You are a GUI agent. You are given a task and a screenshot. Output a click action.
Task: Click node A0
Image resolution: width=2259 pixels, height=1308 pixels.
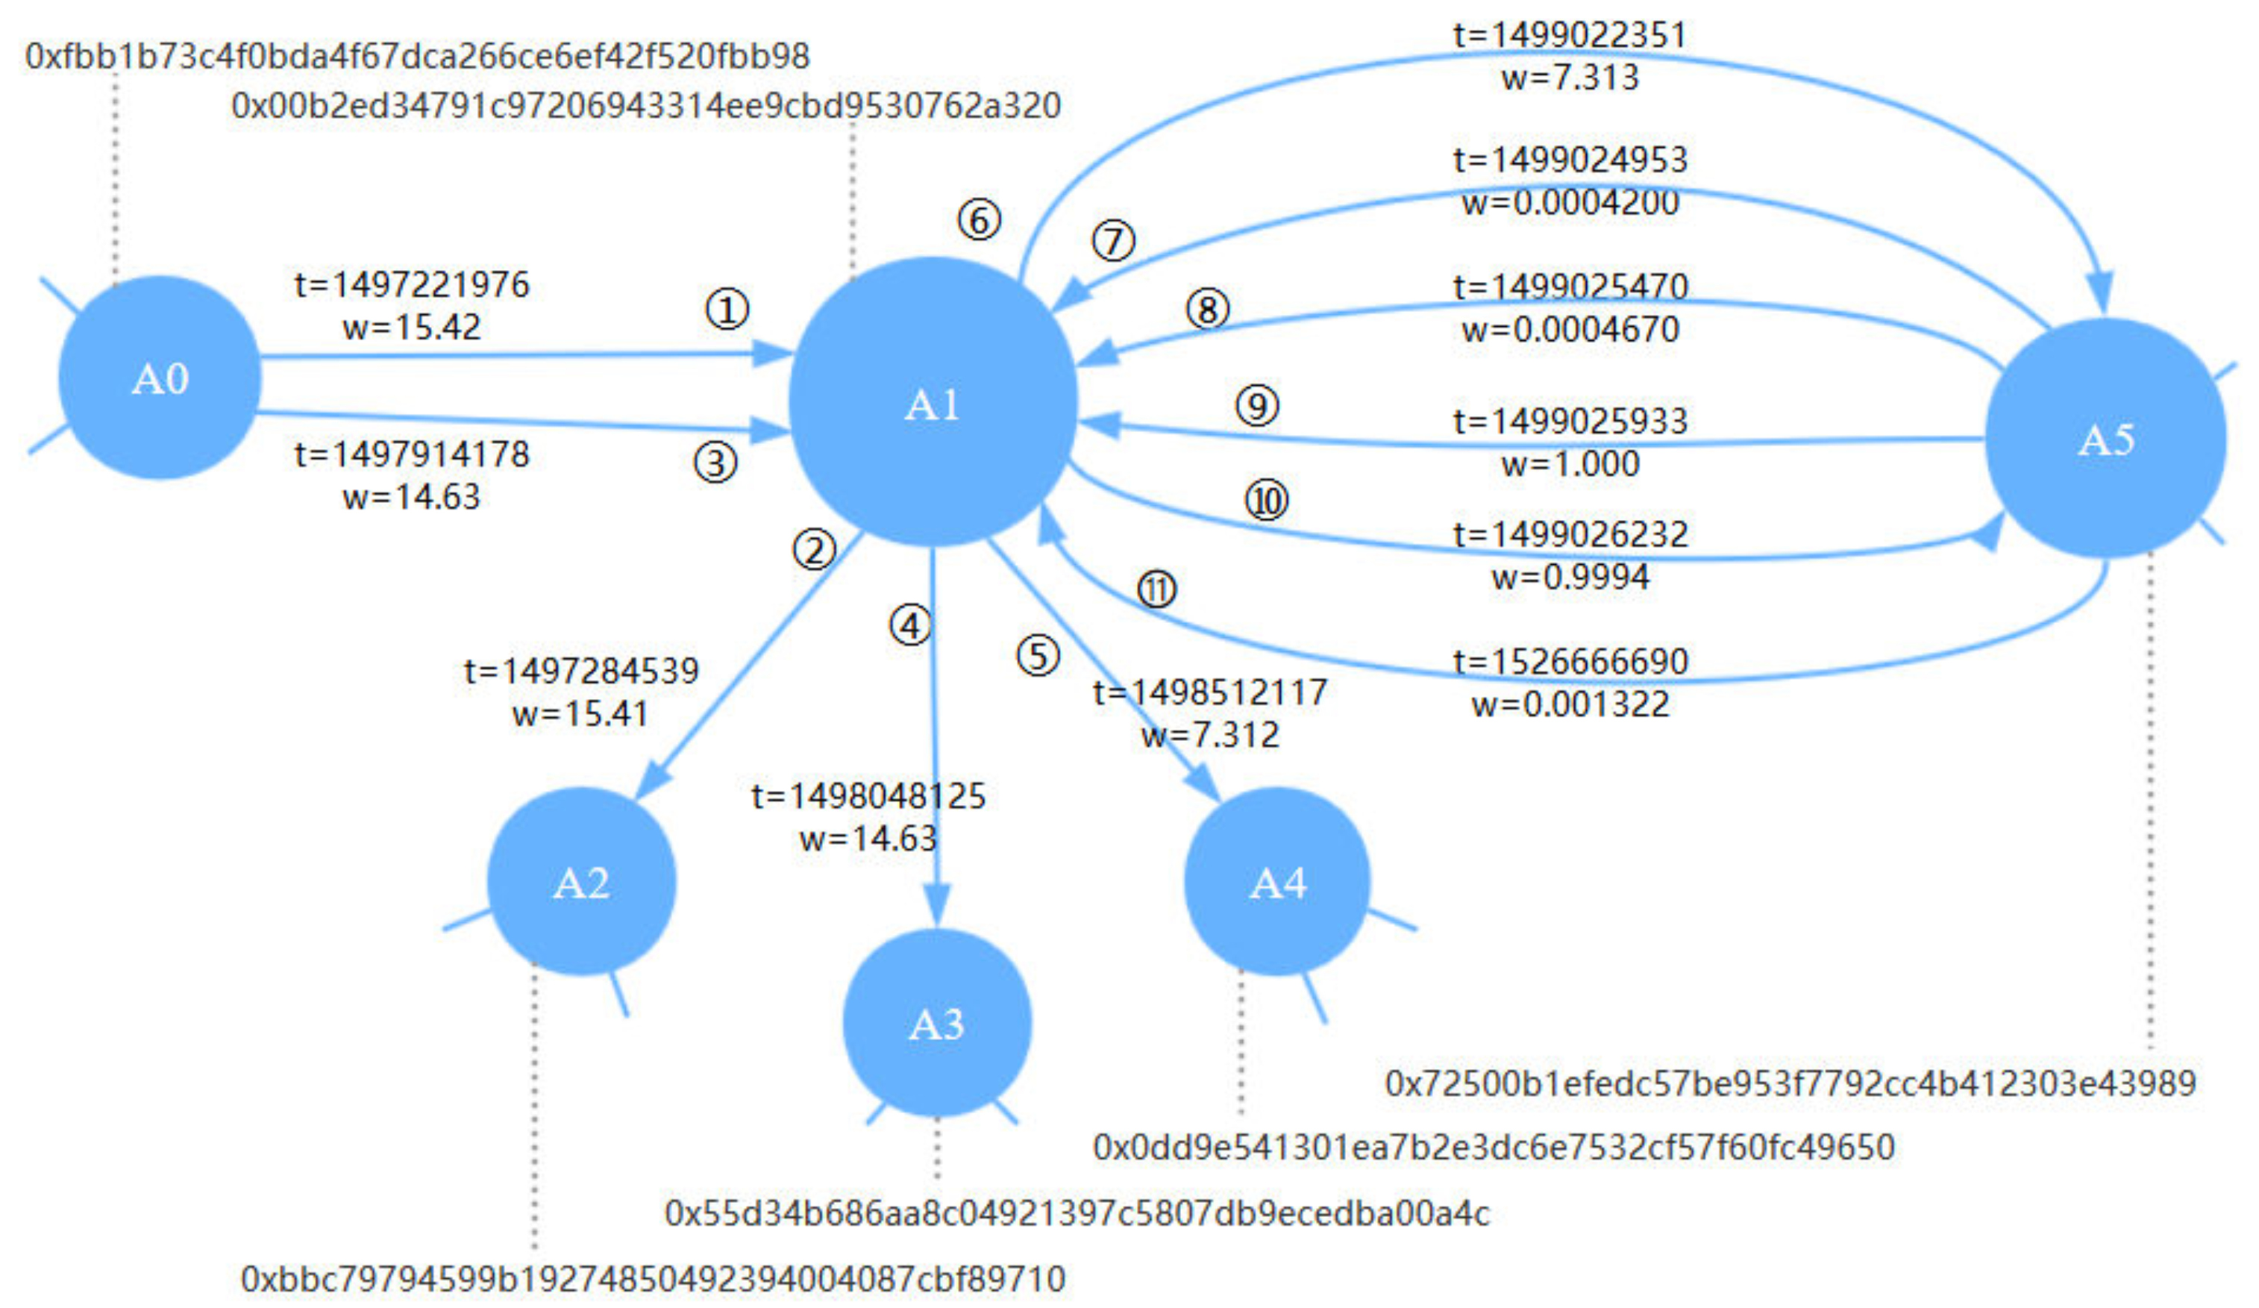160,378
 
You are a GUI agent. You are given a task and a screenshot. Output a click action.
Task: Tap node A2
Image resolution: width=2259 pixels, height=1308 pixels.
581,882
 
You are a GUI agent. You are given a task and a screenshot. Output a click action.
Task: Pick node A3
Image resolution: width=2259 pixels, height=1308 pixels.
937,1023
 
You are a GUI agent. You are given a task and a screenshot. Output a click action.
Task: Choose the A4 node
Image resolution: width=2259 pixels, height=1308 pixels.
1277,882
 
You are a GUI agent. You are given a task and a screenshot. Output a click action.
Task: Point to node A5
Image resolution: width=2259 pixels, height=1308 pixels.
2105,439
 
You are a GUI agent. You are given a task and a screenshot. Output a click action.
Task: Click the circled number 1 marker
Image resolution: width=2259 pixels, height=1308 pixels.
727,310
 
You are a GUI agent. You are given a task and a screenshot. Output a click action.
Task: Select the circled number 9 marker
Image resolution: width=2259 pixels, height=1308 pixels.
1257,406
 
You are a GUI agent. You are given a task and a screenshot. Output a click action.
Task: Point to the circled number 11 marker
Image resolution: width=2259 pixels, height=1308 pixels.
1156,590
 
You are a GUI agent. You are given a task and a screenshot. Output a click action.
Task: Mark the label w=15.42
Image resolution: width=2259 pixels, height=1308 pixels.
412,328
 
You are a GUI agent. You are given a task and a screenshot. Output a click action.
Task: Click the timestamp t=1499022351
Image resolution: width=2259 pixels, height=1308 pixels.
1570,36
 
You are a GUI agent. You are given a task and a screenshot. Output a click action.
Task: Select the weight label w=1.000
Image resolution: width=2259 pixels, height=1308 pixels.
1570,464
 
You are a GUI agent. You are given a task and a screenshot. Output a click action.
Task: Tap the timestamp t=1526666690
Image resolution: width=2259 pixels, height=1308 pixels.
1570,662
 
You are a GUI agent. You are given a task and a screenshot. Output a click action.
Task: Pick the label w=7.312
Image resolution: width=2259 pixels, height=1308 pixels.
1210,735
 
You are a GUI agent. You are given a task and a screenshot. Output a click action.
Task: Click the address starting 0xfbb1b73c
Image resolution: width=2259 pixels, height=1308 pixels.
418,57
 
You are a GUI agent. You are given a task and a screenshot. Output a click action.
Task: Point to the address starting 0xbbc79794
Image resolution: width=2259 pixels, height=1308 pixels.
653,1278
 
